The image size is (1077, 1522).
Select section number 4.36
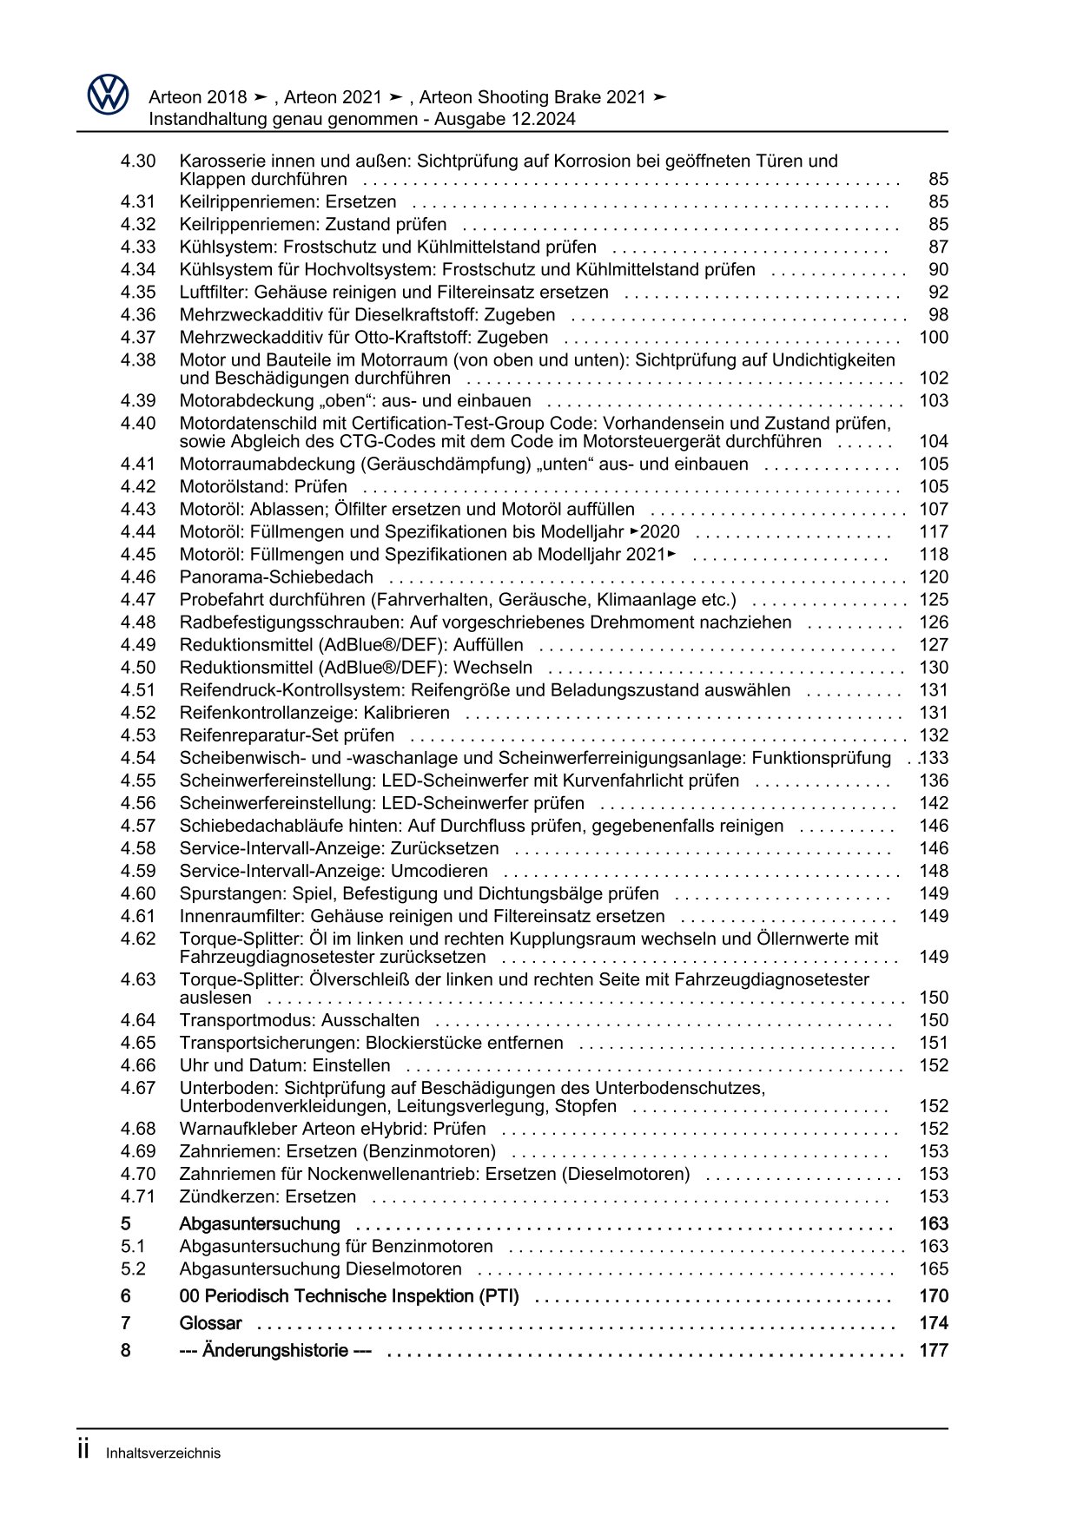[x=138, y=314]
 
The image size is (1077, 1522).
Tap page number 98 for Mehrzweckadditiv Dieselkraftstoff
[x=938, y=314]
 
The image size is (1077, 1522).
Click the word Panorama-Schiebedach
[x=276, y=577]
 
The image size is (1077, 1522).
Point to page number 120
[x=934, y=577]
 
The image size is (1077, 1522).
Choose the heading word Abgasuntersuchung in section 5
[x=259, y=1223]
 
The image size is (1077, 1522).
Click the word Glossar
[x=210, y=1323]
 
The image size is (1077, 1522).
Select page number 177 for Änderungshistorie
[x=934, y=1350]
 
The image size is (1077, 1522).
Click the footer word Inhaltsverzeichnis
[x=163, y=1453]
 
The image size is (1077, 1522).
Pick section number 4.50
[x=138, y=667]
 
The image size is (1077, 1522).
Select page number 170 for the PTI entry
[x=934, y=1296]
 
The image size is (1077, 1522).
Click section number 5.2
[x=133, y=1268]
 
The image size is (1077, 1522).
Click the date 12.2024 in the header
[x=545, y=119]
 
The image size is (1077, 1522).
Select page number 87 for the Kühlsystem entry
[x=938, y=247]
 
